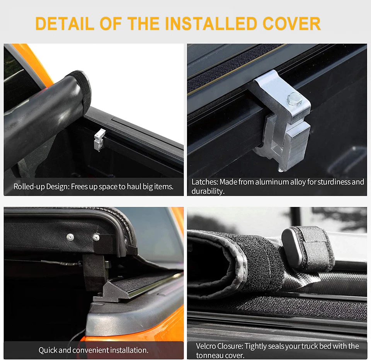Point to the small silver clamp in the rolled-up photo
99,140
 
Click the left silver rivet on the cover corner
70,236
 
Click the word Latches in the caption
204,182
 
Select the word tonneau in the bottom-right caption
209,355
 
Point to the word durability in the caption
208,191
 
